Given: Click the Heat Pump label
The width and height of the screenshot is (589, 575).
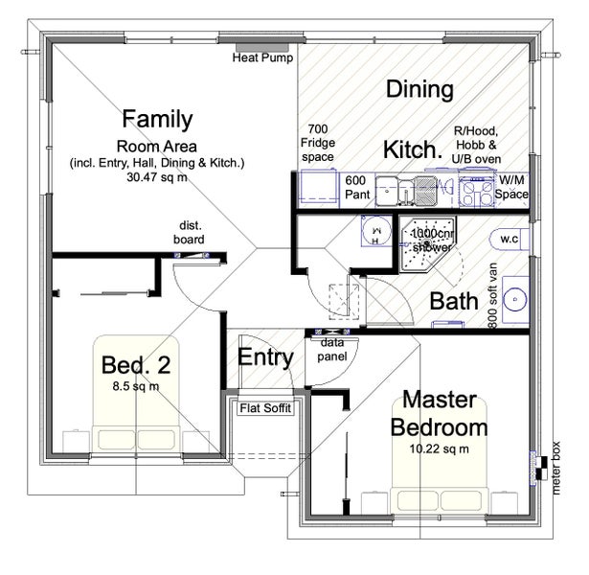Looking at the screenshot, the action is [x=262, y=57].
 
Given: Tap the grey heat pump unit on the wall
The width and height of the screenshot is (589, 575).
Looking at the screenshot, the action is [x=262, y=48].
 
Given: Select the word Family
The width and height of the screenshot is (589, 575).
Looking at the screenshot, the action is [x=157, y=119].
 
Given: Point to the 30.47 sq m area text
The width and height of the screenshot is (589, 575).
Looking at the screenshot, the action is [x=157, y=177].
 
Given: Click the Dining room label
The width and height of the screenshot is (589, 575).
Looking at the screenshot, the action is [x=420, y=89].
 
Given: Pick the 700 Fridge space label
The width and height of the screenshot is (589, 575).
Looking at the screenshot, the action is [x=318, y=143].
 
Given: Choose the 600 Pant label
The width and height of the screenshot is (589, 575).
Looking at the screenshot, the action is [x=357, y=187].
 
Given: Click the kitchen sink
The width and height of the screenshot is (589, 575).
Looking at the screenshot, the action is [x=407, y=192].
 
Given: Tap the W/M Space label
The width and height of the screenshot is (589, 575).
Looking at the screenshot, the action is [x=511, y=187].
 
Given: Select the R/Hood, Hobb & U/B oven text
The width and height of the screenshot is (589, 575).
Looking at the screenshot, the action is [x=476, y=145].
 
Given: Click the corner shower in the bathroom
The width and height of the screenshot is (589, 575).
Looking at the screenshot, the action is [x=427, y=243].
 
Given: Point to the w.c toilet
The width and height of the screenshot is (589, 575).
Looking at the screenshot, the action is [x=510, y=240].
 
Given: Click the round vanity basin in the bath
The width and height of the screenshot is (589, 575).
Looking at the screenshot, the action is [x=514, y=299].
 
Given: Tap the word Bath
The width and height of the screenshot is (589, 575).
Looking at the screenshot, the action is [x=454, y=301].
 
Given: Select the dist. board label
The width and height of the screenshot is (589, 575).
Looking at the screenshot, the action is [x=189, y=233].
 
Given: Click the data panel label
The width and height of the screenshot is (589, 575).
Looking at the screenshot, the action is [x=332, y=350].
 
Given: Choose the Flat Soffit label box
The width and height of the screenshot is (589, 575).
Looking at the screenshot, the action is [x=265, y=408].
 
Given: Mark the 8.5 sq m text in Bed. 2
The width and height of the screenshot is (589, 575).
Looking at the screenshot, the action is [x=136, y=386].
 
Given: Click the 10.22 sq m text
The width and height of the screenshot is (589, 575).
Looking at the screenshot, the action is [x=440, y=449].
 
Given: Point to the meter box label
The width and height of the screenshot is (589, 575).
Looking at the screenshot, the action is [x=555, y=469].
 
